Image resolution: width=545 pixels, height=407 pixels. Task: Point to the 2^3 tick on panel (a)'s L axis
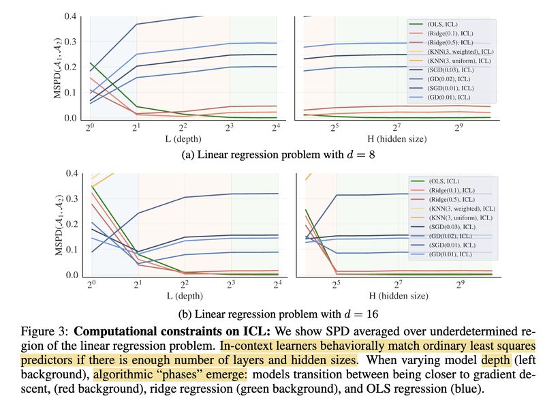(x=231, y=128)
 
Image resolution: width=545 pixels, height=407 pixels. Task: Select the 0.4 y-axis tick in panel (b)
(x=72, y=173)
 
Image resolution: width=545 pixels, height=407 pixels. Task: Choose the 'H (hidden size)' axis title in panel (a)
(x=397, y=139)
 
